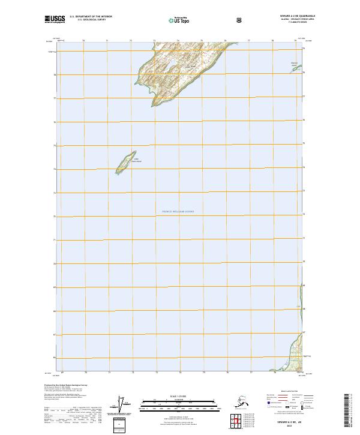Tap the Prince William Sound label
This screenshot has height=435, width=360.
[x=178, y=212]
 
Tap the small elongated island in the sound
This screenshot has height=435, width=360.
[x=124, y=163]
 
